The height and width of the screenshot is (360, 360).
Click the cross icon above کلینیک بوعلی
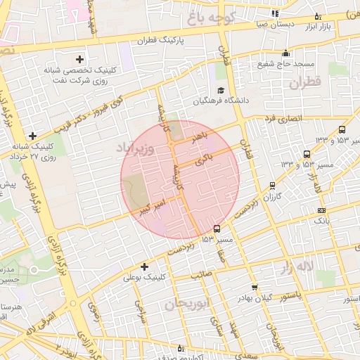[145, 266]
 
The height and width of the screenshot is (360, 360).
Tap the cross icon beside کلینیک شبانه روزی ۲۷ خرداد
[32, 136]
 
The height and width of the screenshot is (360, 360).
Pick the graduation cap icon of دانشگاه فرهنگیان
[221, 90]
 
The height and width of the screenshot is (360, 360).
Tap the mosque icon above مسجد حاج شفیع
[285, 53]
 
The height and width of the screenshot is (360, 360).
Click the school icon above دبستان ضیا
[274, 13]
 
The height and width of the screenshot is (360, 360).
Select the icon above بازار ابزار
[318, 16]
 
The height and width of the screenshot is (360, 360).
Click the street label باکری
[205, 159]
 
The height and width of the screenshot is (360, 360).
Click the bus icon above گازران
[272, 186]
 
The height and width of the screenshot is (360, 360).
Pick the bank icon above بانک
[321, 210]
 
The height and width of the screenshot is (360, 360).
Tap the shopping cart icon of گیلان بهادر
[255, 288]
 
